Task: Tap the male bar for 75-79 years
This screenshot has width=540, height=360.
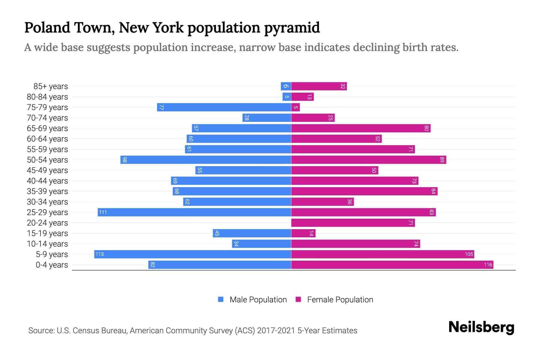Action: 224,107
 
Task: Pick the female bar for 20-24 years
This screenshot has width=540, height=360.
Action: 352,223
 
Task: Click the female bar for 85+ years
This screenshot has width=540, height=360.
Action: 319,86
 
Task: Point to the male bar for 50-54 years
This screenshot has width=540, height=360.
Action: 205,160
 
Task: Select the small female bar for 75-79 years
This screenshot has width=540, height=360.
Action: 295,107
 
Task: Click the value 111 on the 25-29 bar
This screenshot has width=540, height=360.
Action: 103,212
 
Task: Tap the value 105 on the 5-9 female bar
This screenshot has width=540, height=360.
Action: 469,254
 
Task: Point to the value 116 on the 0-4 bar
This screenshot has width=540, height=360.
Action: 488,265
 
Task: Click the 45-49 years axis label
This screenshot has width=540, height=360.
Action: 47,170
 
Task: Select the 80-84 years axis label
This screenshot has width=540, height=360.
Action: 47,97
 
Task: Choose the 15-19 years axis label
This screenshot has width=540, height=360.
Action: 47,233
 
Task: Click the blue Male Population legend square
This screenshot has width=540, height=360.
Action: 221,299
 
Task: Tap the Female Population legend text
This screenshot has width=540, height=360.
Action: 340,299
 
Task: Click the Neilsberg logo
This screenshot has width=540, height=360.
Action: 481,327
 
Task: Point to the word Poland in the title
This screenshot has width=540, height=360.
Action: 47,28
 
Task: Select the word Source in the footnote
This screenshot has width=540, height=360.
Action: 41,330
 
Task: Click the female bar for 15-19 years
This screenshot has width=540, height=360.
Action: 303,233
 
